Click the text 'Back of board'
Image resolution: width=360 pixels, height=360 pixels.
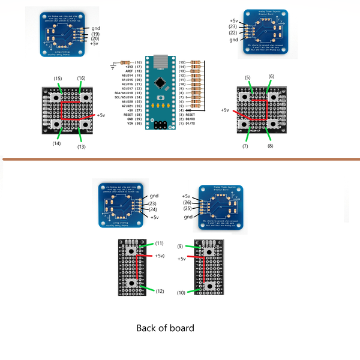(166, 328)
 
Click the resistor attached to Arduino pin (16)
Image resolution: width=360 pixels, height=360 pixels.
(125, 62)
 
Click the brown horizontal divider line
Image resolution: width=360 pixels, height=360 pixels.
(180, 159)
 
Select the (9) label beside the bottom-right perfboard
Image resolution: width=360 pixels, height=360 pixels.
(181, 247)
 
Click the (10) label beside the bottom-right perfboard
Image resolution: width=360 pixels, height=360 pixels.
(181, 293)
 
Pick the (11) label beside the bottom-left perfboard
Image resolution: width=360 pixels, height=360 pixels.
(159, 243)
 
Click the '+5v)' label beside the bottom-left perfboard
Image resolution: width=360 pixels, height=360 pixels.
(159, 256)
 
